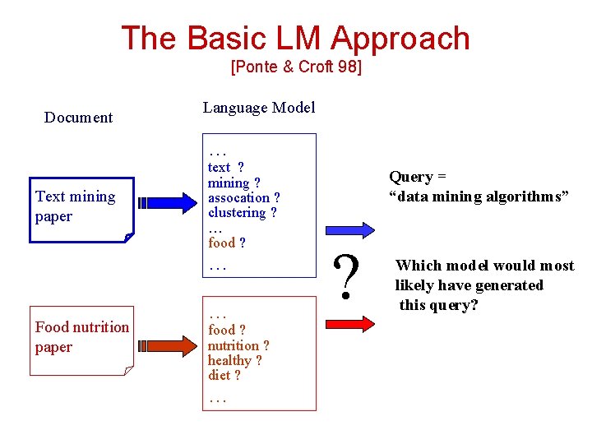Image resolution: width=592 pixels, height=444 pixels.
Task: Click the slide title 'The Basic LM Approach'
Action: click(295, 39)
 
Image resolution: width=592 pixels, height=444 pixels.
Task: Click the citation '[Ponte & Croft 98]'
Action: click(296, 67)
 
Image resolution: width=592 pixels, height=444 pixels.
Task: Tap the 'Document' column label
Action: click(78, 118)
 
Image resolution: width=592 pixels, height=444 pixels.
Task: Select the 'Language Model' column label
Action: click(258, 108)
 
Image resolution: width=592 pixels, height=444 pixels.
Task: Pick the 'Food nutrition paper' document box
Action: click(82, 337)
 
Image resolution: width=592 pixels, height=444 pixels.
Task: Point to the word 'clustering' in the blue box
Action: click(236, 213)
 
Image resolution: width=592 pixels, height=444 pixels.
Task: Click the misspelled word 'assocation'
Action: click(238, 198)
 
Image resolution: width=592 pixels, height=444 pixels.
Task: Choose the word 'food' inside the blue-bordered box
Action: click(221, 243)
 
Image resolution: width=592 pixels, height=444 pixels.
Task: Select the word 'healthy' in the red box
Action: click(229, 361)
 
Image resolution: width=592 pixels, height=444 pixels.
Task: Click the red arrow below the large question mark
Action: click(349, 322)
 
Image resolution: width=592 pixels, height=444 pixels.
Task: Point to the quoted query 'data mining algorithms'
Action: click(479, 197)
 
